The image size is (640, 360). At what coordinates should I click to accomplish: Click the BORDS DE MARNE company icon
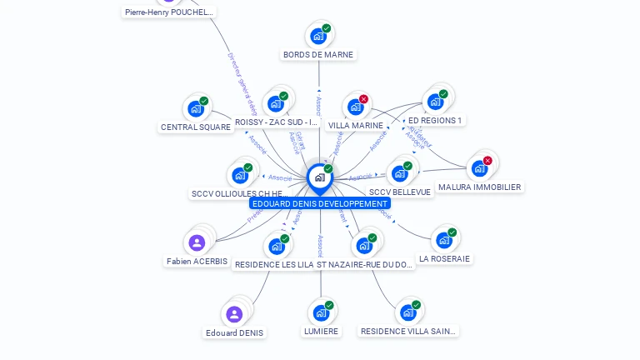point(318,36)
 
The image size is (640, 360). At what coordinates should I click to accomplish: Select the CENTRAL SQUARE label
point(195,127)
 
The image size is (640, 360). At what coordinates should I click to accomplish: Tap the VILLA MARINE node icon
point(356,107)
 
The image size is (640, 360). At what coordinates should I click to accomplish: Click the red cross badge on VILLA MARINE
point(363,99)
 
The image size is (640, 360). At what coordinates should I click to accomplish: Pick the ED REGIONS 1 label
point(434,120)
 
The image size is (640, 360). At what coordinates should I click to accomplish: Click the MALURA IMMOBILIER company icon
point(479,168)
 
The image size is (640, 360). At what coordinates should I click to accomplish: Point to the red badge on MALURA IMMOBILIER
point(487,161)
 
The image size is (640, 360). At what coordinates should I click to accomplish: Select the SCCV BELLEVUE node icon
point(400,174)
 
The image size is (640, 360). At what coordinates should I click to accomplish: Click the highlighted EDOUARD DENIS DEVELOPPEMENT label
point(320,203)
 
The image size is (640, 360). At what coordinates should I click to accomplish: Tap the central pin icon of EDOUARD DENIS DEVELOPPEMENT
point(320,177)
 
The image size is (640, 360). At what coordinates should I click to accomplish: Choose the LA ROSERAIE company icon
point(444,240)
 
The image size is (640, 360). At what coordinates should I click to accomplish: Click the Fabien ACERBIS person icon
point(197,242)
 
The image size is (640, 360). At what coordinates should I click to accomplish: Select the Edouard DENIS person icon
point(234,314)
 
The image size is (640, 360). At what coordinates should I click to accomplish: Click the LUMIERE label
point(321,331)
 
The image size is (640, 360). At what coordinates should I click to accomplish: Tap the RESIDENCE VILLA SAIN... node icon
point(407,312)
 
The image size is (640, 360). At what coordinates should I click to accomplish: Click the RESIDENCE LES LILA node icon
point(277,247)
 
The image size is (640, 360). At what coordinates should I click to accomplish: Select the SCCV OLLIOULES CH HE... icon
point(240,175)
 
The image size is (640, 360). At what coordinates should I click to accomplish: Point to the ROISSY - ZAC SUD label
point(277,122)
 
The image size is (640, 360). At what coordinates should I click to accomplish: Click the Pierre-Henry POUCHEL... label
point(169,12)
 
